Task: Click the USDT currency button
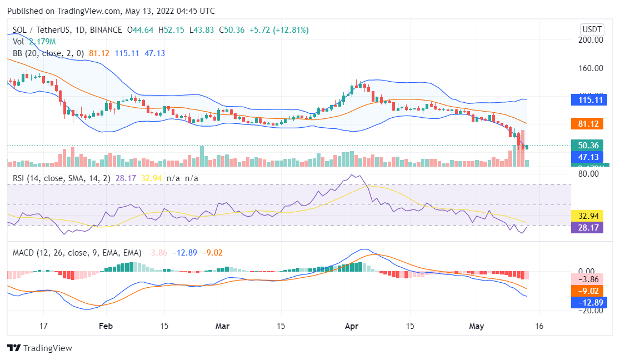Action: coord(592,29)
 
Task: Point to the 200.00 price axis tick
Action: coord(591,40)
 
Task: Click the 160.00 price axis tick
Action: coord(591,68)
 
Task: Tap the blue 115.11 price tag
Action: coord(591,100)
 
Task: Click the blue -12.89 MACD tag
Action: coord(591,302)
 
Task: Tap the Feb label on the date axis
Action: coord(106,326)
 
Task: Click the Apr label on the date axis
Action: coord(352,326)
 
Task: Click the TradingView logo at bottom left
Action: coord(39,348)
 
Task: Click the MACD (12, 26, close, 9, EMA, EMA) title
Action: coord(77,253)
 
